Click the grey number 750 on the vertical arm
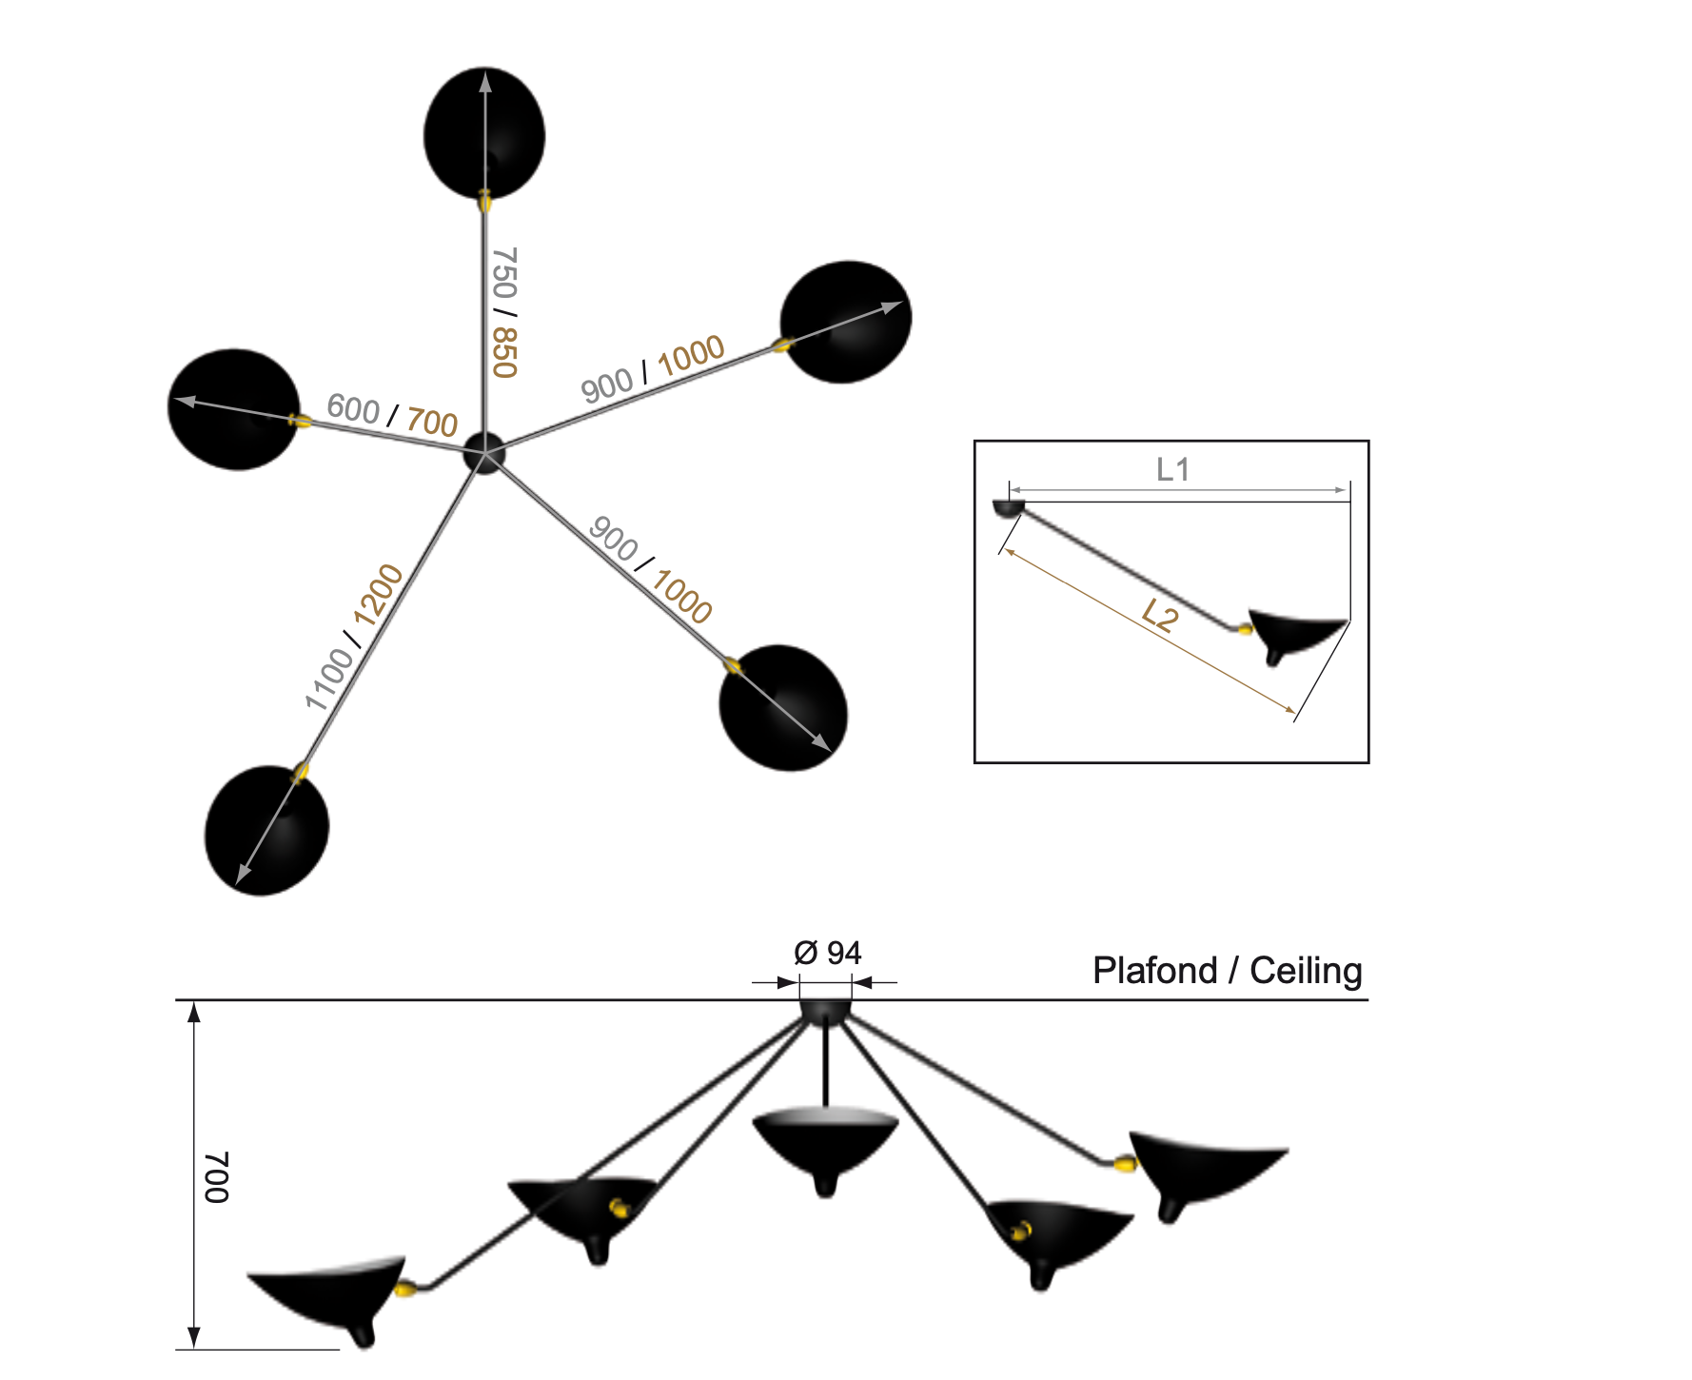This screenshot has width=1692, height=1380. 503,273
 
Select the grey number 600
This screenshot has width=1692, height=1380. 353,408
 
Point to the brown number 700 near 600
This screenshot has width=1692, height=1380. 432,422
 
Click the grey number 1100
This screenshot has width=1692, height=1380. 328,678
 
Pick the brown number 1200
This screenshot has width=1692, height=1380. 379,594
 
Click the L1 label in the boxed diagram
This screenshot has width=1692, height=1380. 1172,469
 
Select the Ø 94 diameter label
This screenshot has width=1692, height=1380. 827,953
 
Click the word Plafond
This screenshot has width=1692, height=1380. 1154,971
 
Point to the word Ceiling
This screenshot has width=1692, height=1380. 1306,971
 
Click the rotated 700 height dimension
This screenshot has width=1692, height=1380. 217,1177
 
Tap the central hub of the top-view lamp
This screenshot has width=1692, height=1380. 484,453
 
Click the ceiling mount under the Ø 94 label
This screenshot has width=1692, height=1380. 825,1012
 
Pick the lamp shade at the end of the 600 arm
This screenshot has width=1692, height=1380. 234,409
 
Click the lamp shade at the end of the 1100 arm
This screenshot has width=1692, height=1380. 266,831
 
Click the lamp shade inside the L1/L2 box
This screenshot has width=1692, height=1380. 1294,633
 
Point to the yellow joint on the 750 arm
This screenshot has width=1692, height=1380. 484,200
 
